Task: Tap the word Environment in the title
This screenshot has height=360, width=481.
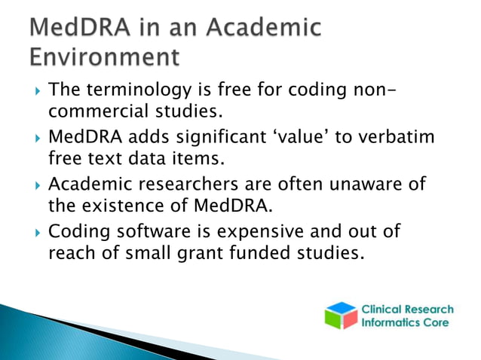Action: [x=106, y=57]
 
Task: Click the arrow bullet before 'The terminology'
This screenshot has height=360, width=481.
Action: [x=31, y=92]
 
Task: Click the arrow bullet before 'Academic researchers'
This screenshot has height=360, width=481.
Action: [x=31, y=185]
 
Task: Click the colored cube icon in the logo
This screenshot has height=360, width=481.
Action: [x=342, y=316]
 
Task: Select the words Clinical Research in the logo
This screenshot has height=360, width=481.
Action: [x=408, y=310]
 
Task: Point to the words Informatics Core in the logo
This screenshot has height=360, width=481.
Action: [x=406, y=323]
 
